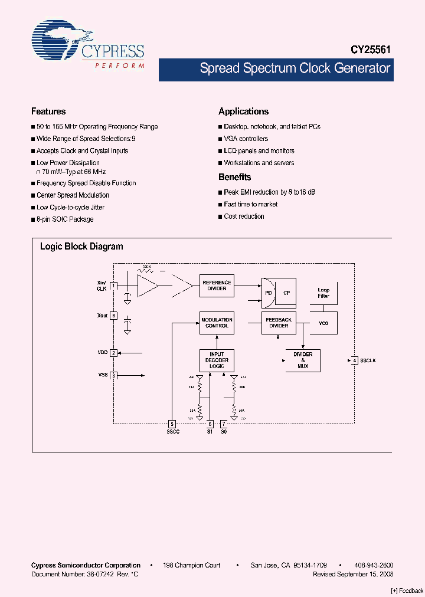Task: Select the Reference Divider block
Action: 217,286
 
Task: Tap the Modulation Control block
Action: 217,323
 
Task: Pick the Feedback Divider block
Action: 279,323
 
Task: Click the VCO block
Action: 323,323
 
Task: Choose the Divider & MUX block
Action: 303,360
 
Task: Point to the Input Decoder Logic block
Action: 217,360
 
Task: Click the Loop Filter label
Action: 323,293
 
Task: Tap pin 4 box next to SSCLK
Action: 355,360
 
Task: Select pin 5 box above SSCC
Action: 172,424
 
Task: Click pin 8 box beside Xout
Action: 113,316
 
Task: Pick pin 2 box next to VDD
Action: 113,353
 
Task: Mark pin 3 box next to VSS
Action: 113,375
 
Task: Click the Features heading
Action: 48,111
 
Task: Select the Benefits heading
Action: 235,177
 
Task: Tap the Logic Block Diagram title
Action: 81,247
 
